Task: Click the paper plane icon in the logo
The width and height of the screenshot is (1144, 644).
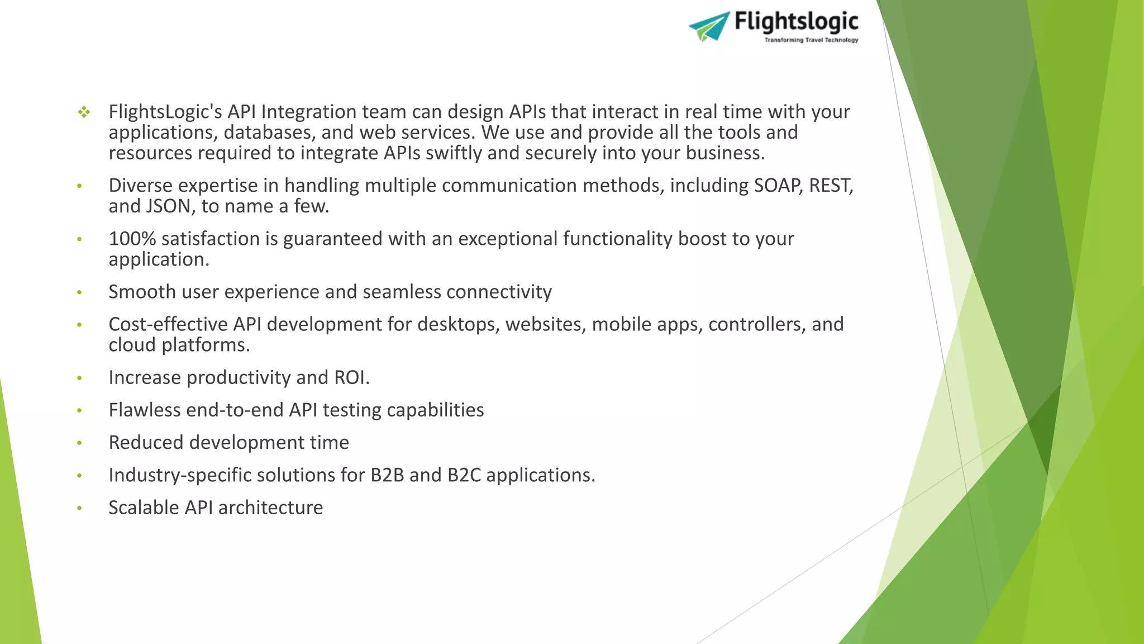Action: tap(709, 26)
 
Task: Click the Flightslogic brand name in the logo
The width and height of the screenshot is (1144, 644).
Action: tap(796, 22)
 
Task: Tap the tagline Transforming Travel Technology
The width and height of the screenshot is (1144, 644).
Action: tap(811, 40)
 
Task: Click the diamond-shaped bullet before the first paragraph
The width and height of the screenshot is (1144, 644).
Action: tap(84, 112)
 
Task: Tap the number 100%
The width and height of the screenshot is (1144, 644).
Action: tap(132, 239)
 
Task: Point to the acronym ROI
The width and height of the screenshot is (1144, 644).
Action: tap(350, 378)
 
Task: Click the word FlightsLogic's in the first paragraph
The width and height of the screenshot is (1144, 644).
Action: tap(165, 112)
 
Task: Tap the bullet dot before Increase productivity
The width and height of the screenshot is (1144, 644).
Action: tap(79, 378)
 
